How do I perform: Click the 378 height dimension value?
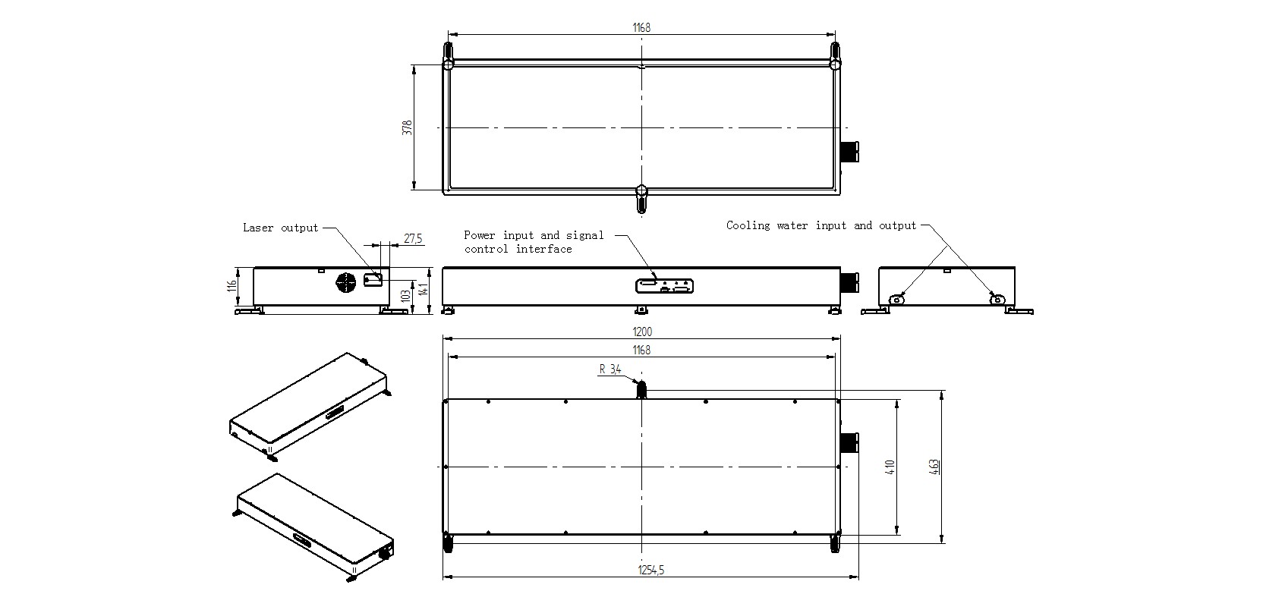pyautogui.click(x=408, y=127)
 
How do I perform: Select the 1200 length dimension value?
pyautogui.click(x=641, y=332)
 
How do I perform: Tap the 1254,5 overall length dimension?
pyautogui.click(x=651, y=571)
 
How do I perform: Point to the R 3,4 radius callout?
pyautogui.click(x=610, y=369)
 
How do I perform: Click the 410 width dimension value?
pyautogui.click(x=890, y=467)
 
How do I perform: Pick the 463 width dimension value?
pyautogui.click(x=934, y=467)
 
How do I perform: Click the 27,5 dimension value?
pyautogui.click(x=413, y=238)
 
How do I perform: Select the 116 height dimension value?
pyautogui.click(x=231, y=286)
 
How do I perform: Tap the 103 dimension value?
pyautogui.click(x=405, y=297)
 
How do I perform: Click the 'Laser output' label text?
pyautogui.click(x=280, y=228)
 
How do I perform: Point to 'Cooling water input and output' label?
pyautogui.click(x=821, y=225)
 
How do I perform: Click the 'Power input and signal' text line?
pyautogui.click(x=534, y=235)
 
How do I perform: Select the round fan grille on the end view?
pyautogui.click(x=346, y=282)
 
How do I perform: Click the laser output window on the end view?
pyautogui.click(x=373, y=279)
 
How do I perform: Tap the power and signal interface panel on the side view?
pyautogui.click(x=664, y=286)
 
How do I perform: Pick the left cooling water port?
pyautogui.click(x=896, y=299)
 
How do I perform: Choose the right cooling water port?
pyautogui.click(x=997, y=299)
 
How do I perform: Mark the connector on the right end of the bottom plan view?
pyautogui.click(x=849, y=443)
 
